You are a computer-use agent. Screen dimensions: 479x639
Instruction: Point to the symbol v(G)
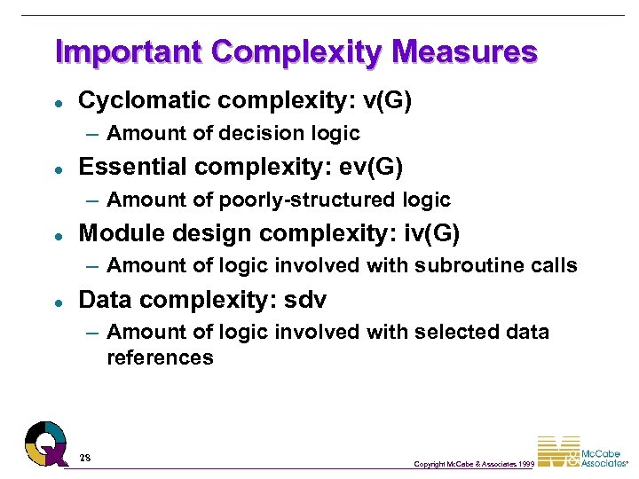click(x=387, y=100)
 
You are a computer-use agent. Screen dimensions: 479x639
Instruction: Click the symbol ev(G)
click(x=372, y=166)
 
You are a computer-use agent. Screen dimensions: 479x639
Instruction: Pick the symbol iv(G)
click(x=429, y=232)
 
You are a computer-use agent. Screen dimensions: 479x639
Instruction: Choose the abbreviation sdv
click(x=305, y=300)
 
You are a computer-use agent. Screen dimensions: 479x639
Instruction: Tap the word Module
click(x=115, y=232)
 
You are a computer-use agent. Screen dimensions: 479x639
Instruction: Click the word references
click(x=160, y=357)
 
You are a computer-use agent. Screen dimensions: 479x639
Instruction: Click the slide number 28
click(x=85, y=458)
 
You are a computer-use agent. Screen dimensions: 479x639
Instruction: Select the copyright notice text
click(x=474, y=464)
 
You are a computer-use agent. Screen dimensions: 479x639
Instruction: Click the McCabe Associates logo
click(x=581, y=452)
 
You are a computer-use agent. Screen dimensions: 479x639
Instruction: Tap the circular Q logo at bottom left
click(x=45, y=442)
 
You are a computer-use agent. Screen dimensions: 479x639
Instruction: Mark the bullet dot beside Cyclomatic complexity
click(x=57, y=101)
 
